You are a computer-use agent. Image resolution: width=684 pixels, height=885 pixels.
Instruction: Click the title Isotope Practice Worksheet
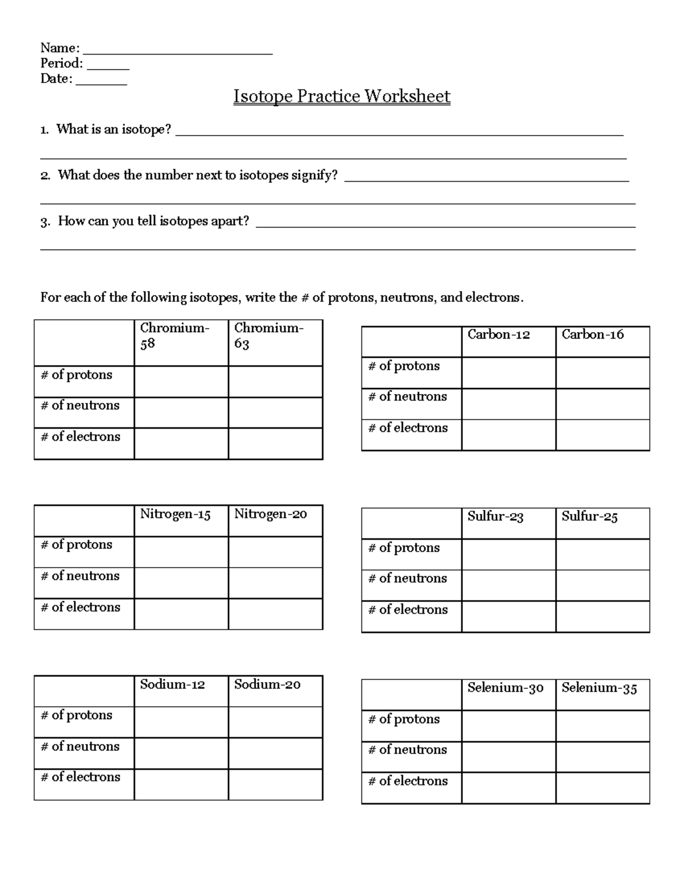[x=341, y=96]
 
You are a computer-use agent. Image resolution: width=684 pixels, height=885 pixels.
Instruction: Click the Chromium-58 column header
[x=174, y=336]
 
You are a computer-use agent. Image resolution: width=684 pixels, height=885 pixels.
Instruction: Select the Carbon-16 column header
[x=593, y=335]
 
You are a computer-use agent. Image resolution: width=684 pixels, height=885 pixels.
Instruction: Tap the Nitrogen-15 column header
[x=176, y=515]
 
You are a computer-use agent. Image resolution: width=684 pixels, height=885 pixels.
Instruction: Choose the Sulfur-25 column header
[x=589, y=517]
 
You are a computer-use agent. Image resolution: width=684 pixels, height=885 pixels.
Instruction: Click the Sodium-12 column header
[x=172, y=684]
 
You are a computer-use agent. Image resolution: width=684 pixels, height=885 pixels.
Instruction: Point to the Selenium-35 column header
[x=599, y=688]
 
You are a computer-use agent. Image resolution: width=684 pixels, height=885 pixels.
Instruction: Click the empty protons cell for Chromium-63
[x=275, y=382]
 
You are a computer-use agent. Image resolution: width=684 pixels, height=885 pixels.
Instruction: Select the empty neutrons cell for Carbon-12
[x=508, y=404]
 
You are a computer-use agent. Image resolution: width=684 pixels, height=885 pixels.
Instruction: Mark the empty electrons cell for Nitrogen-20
[x=275, y=614]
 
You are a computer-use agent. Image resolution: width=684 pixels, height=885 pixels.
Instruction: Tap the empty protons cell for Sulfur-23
[x=508, y=554]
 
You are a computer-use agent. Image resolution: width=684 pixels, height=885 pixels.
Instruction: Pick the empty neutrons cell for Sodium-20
[x=275, y=753]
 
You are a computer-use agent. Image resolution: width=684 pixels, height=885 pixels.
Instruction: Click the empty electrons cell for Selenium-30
[x=508, y=788]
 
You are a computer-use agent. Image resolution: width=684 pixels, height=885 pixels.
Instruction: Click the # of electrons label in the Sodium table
[x=80, y=777]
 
